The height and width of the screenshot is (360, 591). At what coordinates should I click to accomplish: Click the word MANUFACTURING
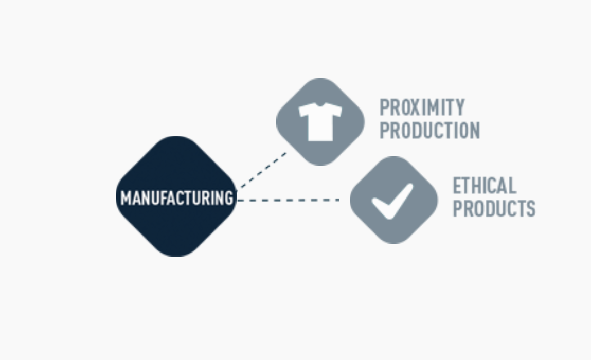(x=176, y=198)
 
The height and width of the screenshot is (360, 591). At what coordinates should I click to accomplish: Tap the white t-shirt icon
(x=320, y=121)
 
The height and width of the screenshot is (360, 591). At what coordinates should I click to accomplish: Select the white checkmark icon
(x=392, y=201)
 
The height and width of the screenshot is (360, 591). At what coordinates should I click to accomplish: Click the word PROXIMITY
(x=422, y=108)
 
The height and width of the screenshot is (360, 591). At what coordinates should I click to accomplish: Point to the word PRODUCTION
(x=429, y=131)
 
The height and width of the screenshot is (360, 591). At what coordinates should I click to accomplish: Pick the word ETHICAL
(x=484, y=186)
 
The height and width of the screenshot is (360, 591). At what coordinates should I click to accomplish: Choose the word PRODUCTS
(x=494, y=209)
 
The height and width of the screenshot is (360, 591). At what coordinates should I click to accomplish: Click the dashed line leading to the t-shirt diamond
(x=262, y=169)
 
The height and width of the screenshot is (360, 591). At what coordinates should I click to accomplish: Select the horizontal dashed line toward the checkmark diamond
(x=288, y=200)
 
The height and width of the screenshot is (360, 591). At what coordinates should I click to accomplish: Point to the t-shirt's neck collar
(x=320, y=105)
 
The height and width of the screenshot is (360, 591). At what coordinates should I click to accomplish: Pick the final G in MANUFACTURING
(x=228, y=198)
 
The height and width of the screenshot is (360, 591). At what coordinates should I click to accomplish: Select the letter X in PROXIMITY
(x=415, y=108)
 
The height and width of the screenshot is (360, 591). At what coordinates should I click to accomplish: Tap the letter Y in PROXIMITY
(x=459, y=108)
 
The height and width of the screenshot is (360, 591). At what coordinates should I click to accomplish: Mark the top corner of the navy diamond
(x=176, y=138)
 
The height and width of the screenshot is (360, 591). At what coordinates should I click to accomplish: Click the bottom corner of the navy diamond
(x=176, y=255)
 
